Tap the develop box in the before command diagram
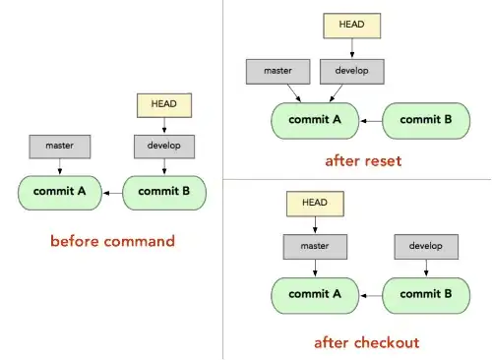[x=162, y=148]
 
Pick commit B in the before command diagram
[x=163, y=192]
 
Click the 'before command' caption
[x=112, y=240]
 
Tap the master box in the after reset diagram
[x=279, y=71]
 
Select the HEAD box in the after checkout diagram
[x=314, y=205]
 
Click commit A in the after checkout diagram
[x=314, y=293]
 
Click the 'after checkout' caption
[x=366, y=342]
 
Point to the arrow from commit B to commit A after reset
[x=370, y=120]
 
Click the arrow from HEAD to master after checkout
[x=314, y=225]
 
